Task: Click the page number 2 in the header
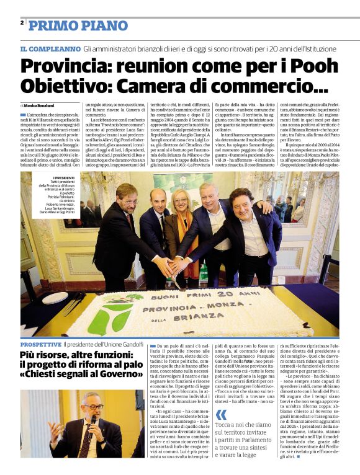tap(22, 23)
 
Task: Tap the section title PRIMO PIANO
tap(78, 25)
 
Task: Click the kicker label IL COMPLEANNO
tap(50, 48)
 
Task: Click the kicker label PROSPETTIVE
tap(40, 344)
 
